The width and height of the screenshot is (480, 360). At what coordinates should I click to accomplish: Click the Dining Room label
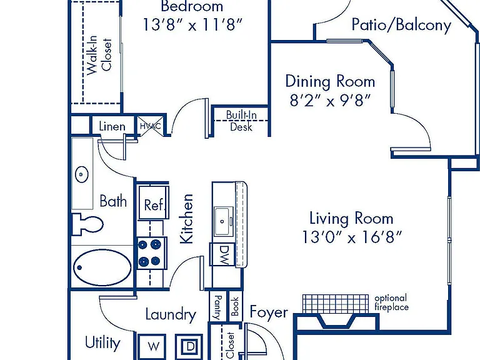point(330,81)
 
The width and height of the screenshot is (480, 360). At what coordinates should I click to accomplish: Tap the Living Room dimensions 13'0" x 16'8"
point(351,237)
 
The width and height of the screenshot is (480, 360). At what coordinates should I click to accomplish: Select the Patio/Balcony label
point(401,24)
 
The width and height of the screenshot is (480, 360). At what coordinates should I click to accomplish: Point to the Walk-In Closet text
point(99,55)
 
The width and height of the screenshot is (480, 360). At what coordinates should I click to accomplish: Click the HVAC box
point(150,126)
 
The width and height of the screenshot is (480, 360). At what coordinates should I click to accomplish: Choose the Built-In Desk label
point(241,121)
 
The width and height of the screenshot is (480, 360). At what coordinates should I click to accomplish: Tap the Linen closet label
point(112,126)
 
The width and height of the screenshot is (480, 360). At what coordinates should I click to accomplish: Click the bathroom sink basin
point(82,174)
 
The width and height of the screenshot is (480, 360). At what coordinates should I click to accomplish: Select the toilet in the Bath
point(87,224)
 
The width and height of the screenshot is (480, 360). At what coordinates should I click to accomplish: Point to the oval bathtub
point(102,267)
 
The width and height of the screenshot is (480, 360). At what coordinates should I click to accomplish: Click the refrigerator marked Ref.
point(153,202)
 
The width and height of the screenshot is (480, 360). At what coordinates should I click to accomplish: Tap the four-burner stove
point(152,253)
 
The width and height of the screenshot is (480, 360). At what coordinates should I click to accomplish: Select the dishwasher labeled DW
point(223,255)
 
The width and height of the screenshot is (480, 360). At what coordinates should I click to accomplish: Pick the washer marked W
point(152,346)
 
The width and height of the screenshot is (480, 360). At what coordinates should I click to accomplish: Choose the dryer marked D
point(189,346)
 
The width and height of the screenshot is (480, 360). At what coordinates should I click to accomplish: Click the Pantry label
point(218,307)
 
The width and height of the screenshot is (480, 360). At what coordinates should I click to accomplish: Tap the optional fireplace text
point(391,302)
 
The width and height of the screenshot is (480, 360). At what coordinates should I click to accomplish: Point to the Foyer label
point(269,312)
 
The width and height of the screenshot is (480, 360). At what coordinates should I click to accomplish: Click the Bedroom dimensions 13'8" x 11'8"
point(193,24)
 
